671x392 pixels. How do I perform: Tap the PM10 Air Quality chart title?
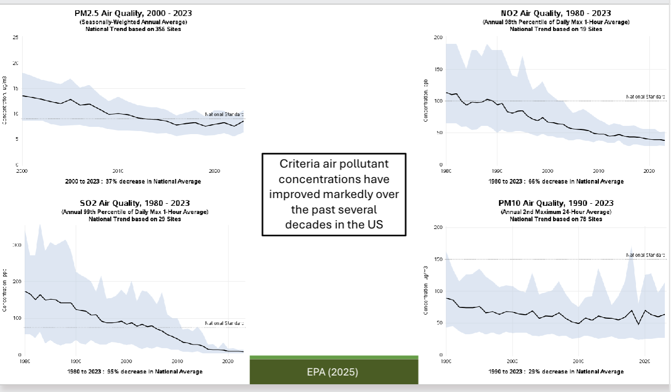click(x=556, y=203)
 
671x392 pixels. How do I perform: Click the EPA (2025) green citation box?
click(x=334, y=372)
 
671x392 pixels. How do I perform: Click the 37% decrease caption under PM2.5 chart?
click(x=133, y=182)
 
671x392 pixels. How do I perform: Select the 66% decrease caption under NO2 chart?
click(x=556, y=182)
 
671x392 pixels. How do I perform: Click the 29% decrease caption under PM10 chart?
click(x=556, y=371)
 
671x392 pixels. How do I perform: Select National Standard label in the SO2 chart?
click(x=224, y=323)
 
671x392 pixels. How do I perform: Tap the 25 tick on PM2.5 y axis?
click(x=16, y=38)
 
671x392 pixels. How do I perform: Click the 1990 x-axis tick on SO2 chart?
click(x=76, y=361)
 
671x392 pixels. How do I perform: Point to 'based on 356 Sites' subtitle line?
click(x=133, y=29)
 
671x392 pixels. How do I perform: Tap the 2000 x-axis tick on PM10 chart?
click(x=512, y=361)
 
